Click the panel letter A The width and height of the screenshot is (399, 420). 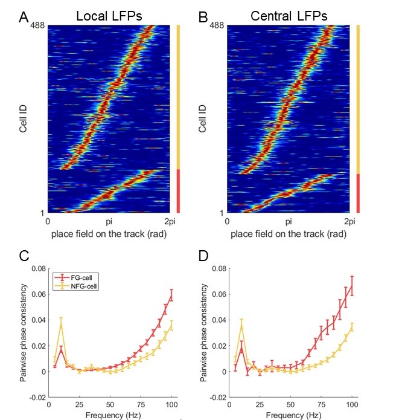tap(24, 16)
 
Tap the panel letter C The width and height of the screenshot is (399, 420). tap(24, 256)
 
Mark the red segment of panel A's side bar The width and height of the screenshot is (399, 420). tap(179, 191)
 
